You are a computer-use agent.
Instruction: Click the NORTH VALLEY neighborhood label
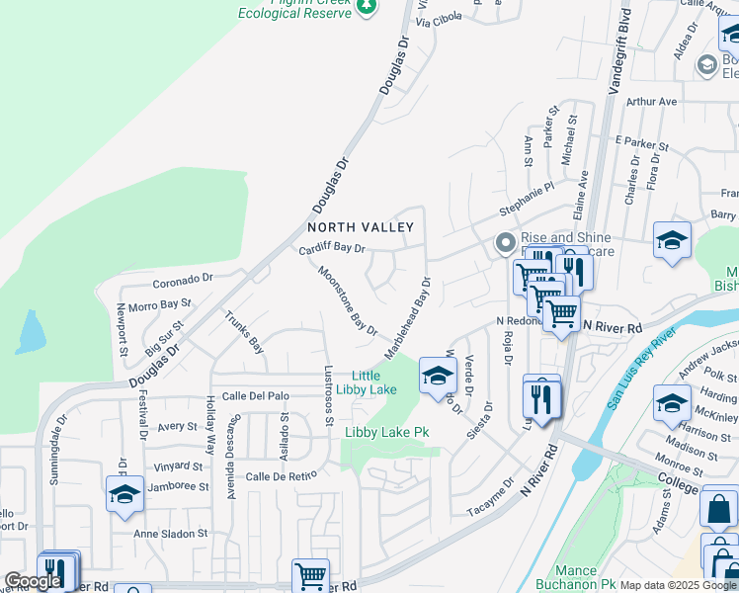click(360, 227)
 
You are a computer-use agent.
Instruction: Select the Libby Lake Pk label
click(386, 433)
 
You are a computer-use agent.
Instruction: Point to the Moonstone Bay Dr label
click(347, 299)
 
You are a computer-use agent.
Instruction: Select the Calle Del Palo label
click(256, 396)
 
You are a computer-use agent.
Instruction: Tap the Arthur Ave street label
click(652, 102)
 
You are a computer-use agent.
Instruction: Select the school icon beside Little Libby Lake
click(437, 375)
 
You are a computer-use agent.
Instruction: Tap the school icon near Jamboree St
click(124, 494)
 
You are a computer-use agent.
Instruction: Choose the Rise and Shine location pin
click(506, 242)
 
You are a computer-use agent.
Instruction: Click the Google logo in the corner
click(32, 581)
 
